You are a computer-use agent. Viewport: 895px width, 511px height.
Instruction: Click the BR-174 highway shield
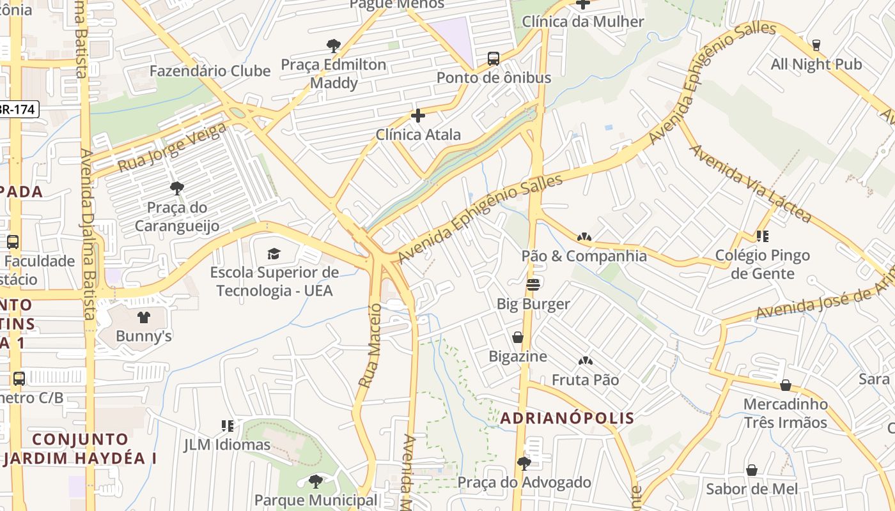pos(17,109)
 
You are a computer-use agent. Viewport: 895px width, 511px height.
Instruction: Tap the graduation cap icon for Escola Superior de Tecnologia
pos(274,254)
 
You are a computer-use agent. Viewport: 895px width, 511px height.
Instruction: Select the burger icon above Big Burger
pos(533,284)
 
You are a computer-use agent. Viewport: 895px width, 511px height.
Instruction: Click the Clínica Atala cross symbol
pos(417,116)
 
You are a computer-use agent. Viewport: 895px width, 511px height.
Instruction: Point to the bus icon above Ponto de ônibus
pos(494,59)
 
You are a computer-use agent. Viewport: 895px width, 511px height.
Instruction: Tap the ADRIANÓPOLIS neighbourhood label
pos(567,418)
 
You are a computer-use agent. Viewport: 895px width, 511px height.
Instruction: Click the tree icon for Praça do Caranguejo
pos(176,188)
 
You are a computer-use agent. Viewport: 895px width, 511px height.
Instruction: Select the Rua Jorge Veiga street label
pos(172,148)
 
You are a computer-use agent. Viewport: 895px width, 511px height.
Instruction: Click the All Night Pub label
pos(816,65)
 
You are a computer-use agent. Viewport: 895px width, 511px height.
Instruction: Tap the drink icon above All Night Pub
pos(816,45)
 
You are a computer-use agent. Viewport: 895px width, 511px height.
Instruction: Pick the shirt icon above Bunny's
pos(143,317)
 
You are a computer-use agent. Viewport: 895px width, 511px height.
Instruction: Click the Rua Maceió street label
pos(370,346)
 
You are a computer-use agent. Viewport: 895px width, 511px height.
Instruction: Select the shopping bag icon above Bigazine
pos(518,337)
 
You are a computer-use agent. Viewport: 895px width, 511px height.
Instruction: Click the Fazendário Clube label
pos(210,71)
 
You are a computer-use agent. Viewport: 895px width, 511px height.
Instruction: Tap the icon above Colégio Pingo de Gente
pos(762,236)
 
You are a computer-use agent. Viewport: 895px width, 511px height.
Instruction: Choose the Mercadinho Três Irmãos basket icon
pos(785,385)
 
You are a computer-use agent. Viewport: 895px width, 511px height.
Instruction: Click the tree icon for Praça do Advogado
pos(524,463)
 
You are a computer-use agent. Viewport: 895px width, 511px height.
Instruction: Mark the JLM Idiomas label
pos(227,444)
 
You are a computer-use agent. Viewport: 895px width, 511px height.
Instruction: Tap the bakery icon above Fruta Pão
pos(585,362)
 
